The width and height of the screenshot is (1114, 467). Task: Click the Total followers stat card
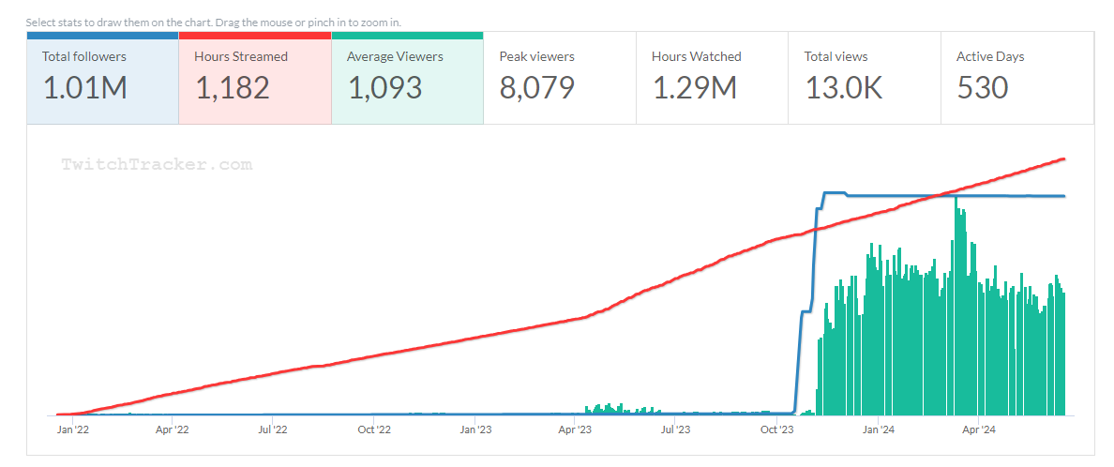pyautogui.click(x=102, y=78)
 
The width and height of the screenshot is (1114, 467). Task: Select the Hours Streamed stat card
pyautogui.click(x=254, y=78)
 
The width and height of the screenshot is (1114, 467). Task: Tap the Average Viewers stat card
pyautogui.click(x=407, y=78)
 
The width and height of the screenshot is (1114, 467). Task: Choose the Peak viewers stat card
pyautogui.click(x=560, y=78)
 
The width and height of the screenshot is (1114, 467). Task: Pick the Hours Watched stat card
pyautogui.click(x=712, y=78)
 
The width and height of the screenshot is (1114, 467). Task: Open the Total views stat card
pyautogui.click(x=864, y=78)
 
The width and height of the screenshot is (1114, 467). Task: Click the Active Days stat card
pyautogui.click(x=1016, y=78)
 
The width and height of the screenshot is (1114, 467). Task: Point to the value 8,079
pyautogui.click(x=536, y=88)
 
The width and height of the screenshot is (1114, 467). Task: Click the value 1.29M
pyautogui.click(x=694, y=88)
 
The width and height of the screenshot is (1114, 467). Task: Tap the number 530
pyautogui.click(x=982, y=88)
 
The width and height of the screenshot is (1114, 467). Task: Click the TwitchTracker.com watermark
pyautogui.click(x=157, y=164)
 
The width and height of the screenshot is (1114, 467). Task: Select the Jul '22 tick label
pyautogui.click(x=272, y=430)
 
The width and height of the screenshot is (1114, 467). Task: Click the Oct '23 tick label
pyautogui.click(x=776, y=430)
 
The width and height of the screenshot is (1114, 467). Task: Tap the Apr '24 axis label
pyautogui.click(x=978, y=430)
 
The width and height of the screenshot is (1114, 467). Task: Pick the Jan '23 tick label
pyautogui.click(x=475, y=430)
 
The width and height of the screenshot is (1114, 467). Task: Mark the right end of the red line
pyautogui.click(x=1064, y=159)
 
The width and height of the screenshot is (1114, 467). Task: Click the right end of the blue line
pyautogui.click(x=1064, y=196)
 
